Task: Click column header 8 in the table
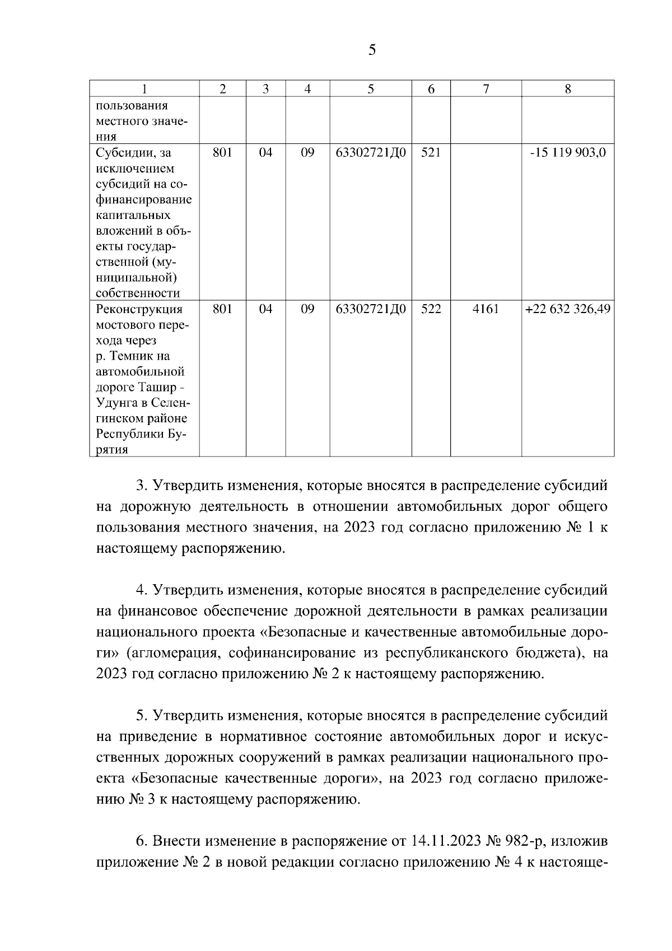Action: [x=568, y=89]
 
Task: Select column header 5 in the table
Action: [x=370, y=89]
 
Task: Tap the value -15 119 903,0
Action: [x=568, y=153]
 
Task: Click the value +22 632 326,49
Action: [x=568, y=309]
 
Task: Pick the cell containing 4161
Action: [x=486, y=309]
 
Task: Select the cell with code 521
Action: [x=431, y=153]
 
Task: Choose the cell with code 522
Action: [x=431, y=309]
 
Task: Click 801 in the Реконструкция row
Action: [x=222, y=309]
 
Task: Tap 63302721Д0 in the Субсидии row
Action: [x=370, y=153]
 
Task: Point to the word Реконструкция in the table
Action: [x=139, y=309]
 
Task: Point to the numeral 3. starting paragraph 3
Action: [x=142, y=485]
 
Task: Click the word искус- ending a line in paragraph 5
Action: [x=585, y=737]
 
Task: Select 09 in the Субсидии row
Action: [x=307, y=153]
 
